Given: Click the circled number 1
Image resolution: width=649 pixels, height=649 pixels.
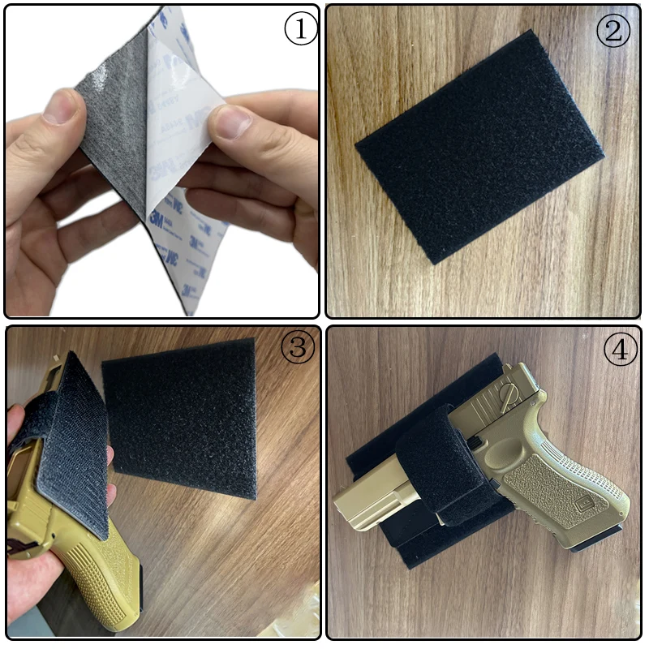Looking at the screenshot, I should coord(299,30).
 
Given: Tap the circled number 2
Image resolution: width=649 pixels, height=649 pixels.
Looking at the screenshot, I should coord(613,30).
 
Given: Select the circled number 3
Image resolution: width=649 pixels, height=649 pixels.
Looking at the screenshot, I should coord(298,348).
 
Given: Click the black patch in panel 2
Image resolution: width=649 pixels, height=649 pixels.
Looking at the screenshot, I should coord(479,146).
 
